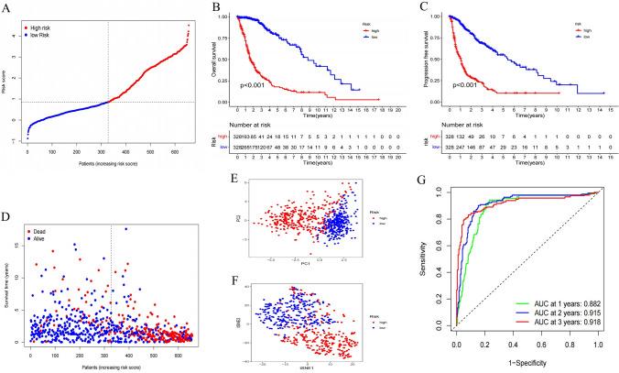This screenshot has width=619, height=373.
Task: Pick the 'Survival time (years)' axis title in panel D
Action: coord(7,266)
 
